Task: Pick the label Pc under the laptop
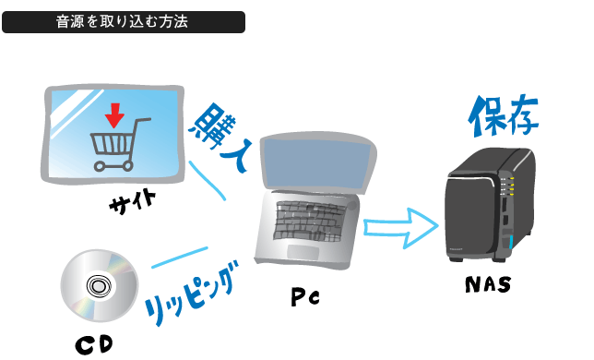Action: click(x=304, y=298)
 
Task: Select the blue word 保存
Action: click(x=503, y=116)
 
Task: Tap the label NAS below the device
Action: click(x=487, y=285)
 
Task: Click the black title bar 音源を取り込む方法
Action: click(x=124, y=22)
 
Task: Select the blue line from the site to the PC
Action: click(x=208, y=181)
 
